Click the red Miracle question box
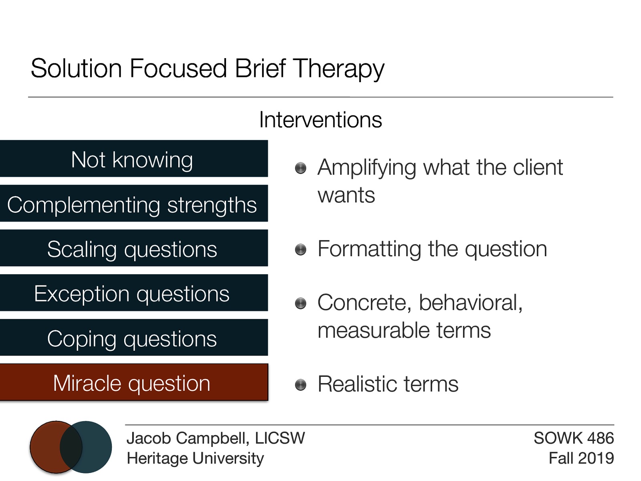[133, 382]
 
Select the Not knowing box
[133, 159]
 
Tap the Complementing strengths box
[133, 204]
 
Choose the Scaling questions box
[133, 248]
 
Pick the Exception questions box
[133, 293]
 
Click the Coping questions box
[133, 338]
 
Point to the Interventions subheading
[320, 119]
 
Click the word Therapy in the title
[339, 69]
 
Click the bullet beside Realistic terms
[300, 385]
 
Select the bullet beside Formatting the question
[300, 250]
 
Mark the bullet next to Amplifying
[300, 168]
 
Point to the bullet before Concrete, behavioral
[300, 303]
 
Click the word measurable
[373, 331]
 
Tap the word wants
[346, 196]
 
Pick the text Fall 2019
[581, 458]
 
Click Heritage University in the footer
[195, 458]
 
